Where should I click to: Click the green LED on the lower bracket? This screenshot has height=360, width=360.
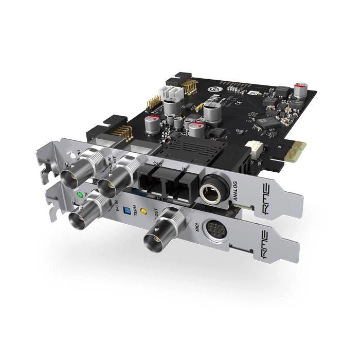pyautogui.click(x=79, y=195)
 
